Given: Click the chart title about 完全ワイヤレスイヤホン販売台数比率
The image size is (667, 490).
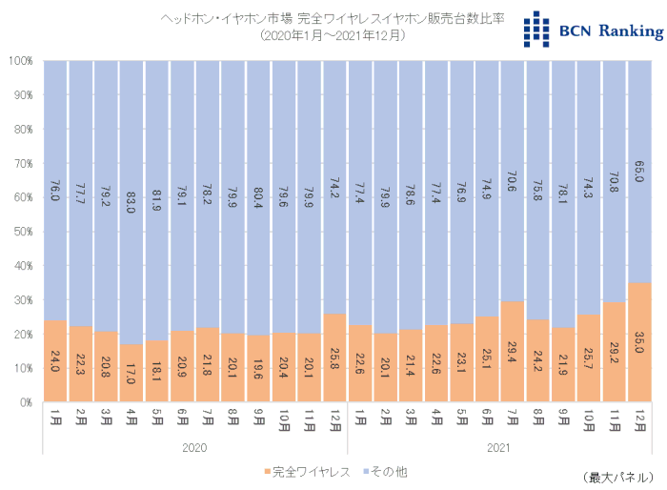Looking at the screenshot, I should point(333,18).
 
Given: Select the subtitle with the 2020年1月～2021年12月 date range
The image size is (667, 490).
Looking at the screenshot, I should point(333,35).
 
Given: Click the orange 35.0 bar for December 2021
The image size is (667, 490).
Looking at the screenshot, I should point(640,342).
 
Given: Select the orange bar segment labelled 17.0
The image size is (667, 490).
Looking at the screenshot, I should point(132,373).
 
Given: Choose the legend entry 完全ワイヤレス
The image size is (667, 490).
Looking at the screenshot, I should point(305,471).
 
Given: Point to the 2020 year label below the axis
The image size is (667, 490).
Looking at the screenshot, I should point(195,446).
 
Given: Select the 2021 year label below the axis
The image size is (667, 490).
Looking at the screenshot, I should point(500,446).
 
